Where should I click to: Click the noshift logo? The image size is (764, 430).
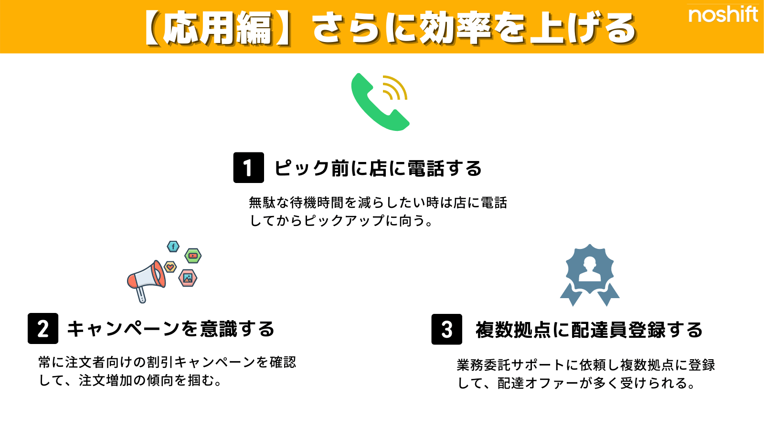tap(723, 14)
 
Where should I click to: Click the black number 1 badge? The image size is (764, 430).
tap(249, 168)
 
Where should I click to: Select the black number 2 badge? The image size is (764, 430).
tap(43, 328)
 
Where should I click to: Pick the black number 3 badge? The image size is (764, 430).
tap(447, 329)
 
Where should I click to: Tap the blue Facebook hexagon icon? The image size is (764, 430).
tap(173, 247)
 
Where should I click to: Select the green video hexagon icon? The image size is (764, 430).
tap(193, 256)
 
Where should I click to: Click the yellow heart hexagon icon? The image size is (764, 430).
tap(170, 267)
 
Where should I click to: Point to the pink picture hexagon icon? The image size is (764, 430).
tap(188, 278)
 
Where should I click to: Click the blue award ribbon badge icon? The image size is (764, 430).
tap(590, 275)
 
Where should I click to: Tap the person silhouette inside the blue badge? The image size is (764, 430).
tap(590, 269)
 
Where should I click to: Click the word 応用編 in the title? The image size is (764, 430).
tap(217, 28)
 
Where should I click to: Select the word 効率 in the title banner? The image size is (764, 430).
tap(456, 28)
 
